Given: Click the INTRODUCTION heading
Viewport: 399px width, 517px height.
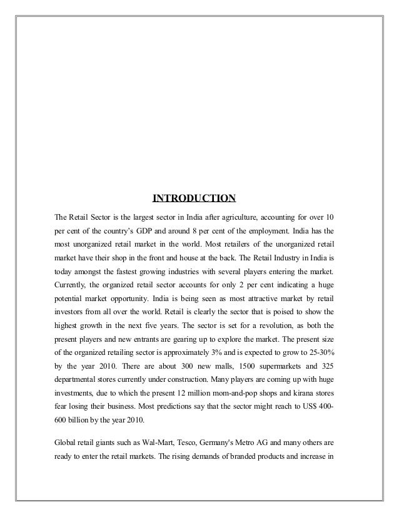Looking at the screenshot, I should pos(194,199).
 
